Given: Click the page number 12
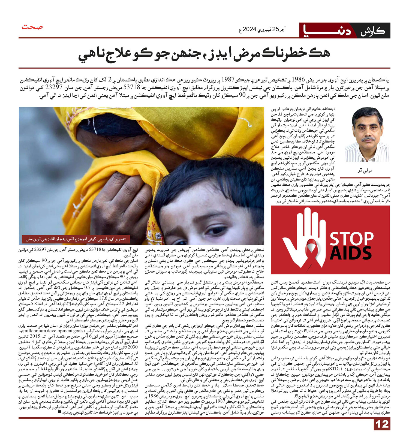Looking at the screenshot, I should pyautogui.click(x=382, y=424).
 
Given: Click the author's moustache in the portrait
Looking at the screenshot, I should pyautogui.click(x=368, y=139).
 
